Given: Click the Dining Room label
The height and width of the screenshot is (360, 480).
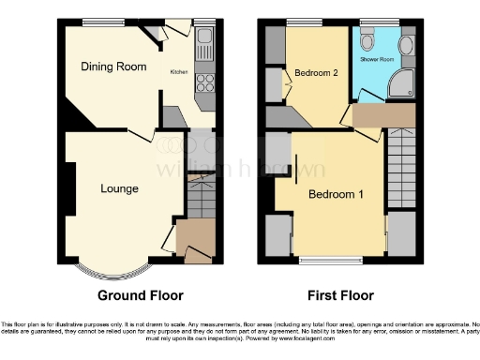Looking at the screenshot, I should pos(111,67).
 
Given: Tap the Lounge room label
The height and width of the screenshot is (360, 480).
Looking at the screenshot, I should pos(119,188).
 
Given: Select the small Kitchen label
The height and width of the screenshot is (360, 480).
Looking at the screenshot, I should pos(178,71).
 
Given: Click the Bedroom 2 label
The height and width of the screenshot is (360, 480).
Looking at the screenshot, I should pos(316,73).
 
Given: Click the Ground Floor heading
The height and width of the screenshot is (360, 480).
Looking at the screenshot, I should pos(141,294).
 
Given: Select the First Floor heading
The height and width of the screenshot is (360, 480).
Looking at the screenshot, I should pos(341,294).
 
